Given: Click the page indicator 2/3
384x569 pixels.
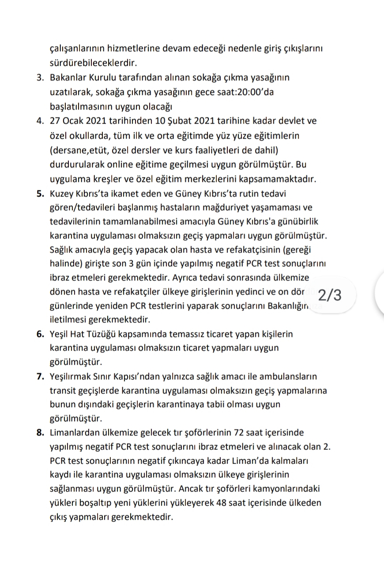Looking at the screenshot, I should pos(329,295).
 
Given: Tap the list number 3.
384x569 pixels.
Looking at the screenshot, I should pos(40,78).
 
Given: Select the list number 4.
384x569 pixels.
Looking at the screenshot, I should pos(40,121).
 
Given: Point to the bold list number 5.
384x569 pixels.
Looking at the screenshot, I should pos(40,193).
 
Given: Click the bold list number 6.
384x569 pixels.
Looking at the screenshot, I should pos(40,334).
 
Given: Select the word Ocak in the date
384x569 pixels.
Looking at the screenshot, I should pos(75,121).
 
